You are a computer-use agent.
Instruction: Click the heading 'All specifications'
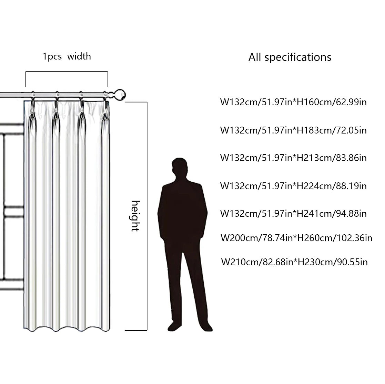point(290,57)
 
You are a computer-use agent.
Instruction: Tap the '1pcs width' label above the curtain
point(67,57)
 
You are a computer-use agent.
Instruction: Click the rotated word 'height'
point(135,216)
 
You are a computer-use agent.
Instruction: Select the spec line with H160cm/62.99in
point(293,102)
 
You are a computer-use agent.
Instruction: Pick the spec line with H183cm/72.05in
point(293,130)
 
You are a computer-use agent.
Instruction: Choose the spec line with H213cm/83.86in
point(293,158)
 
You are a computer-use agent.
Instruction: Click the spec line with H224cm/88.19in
point(293,186)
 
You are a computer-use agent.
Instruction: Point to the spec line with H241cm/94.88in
point(293,213)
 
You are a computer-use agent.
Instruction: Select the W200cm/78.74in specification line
point(296,238)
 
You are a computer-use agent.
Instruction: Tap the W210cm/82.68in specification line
point(294,262)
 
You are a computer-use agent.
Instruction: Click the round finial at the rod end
point(120,95)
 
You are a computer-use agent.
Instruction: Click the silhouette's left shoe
point(174,326)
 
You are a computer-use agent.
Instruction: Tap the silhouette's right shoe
point(206,327)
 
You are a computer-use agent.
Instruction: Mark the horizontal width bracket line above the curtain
point(67,71)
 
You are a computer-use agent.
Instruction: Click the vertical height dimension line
point(147,216)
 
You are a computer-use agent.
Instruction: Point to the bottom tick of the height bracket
point(136,330)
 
